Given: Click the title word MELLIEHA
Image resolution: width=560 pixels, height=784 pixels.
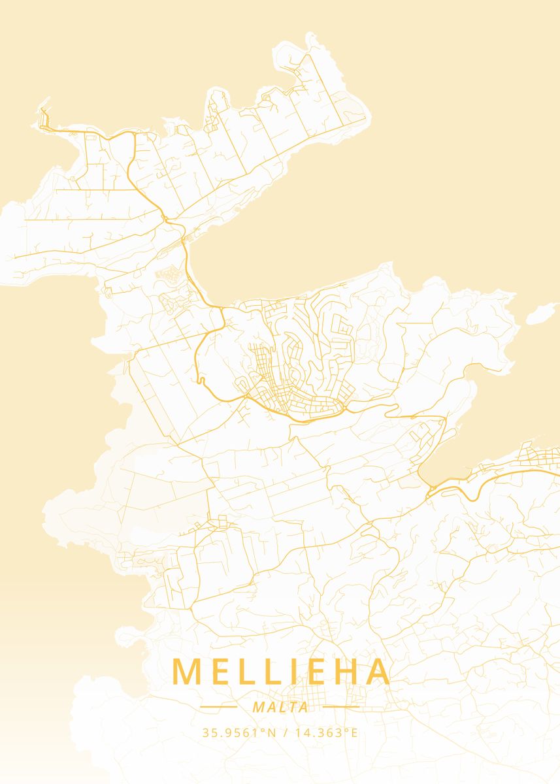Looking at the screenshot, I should click(x=281, y=672).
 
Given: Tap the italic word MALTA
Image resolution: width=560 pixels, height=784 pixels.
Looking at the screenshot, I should click(x=280, y=708).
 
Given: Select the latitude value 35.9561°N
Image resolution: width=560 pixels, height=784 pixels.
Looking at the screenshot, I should click(x=239, y=732).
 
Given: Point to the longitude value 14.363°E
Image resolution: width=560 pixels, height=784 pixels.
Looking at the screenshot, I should click(x=326, y=732).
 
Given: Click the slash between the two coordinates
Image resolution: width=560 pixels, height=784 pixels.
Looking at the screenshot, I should click(x=286, y=732).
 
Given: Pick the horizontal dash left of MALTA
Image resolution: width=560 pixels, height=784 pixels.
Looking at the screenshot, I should click(x=219, y=707).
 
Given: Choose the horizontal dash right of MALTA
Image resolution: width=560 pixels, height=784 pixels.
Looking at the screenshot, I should click(x=341, y=707).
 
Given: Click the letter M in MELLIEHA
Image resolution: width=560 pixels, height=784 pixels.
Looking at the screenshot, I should click(x=186, y=672).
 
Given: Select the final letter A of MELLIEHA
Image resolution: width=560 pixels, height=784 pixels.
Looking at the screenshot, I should click(x=379, y=672).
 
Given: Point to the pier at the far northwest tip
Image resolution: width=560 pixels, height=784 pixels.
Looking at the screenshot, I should click(x=44, y=118).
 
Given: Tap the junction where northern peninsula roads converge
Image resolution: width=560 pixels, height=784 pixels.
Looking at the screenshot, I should click(x=167, y=218).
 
